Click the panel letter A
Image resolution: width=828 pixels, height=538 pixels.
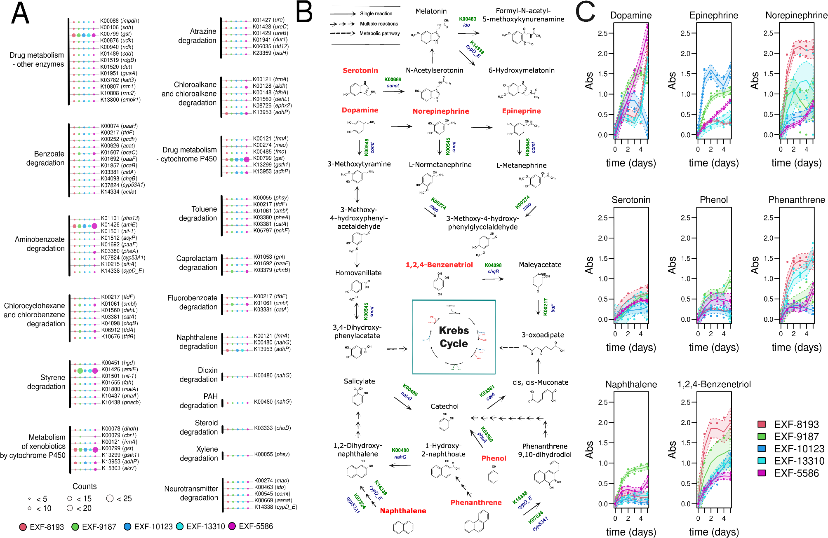[20, 14]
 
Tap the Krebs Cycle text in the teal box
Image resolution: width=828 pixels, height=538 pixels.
[454, 337]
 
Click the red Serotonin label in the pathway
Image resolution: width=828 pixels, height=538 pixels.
[360, 70]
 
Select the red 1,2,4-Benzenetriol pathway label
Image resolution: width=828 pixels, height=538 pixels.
[439, 265]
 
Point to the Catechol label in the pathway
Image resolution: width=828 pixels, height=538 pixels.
[444, 406]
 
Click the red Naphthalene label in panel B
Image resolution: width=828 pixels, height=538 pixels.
[403, 511]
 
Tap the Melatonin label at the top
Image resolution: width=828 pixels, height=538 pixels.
[431, 11]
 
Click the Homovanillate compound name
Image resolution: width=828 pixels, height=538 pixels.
[358, 273]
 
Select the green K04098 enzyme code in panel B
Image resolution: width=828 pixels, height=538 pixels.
[493, 265]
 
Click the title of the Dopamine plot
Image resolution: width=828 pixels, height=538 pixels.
[631, 16]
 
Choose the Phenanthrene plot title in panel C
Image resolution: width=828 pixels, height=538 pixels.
[796, 200]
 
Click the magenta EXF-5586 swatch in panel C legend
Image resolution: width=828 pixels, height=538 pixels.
[762, 473]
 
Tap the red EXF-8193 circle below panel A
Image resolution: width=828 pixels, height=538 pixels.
[23, 526]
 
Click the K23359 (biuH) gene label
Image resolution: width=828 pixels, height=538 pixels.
[270, 53]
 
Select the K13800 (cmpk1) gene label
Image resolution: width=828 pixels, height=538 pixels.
[120, 100]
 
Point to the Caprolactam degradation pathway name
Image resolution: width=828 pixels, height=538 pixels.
[197, 263]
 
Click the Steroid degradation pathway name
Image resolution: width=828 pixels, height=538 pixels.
[199, 427]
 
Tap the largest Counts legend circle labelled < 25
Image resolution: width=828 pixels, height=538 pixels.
[110, 498]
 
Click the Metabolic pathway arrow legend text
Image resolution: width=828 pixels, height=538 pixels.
[379, 33]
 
